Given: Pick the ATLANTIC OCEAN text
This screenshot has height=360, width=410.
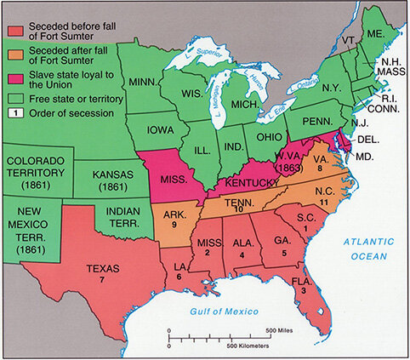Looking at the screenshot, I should [x=367, y=248].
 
